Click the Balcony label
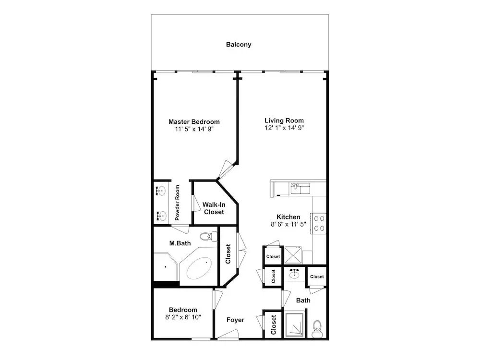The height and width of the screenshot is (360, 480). [239, 44]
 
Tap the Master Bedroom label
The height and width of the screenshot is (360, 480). [194, 121]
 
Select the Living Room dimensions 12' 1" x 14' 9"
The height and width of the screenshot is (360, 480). [284, 128]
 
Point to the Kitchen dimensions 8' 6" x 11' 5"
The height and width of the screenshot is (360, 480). [288, 224]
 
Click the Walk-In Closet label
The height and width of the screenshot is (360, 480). [214, 208]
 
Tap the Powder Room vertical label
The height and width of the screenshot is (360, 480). [177, 203]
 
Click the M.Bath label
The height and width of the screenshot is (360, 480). [180, 243]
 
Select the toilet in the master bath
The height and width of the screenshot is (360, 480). [209, 236]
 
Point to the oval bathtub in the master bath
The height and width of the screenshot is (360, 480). [200, 268]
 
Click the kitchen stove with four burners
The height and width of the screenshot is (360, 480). [319, 224]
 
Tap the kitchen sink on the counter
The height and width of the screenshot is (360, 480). [300, 189]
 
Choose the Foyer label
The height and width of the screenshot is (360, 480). [235, 320]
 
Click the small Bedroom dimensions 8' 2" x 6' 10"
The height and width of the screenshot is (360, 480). [183, 317]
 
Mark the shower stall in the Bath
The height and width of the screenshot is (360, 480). [294, 325]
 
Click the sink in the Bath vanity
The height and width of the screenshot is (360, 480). [294, 274]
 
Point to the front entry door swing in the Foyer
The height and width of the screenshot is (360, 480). [228, 334]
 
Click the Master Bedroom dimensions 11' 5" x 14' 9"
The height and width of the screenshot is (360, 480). [194, 129]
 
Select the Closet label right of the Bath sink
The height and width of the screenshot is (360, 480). [317, 276]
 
